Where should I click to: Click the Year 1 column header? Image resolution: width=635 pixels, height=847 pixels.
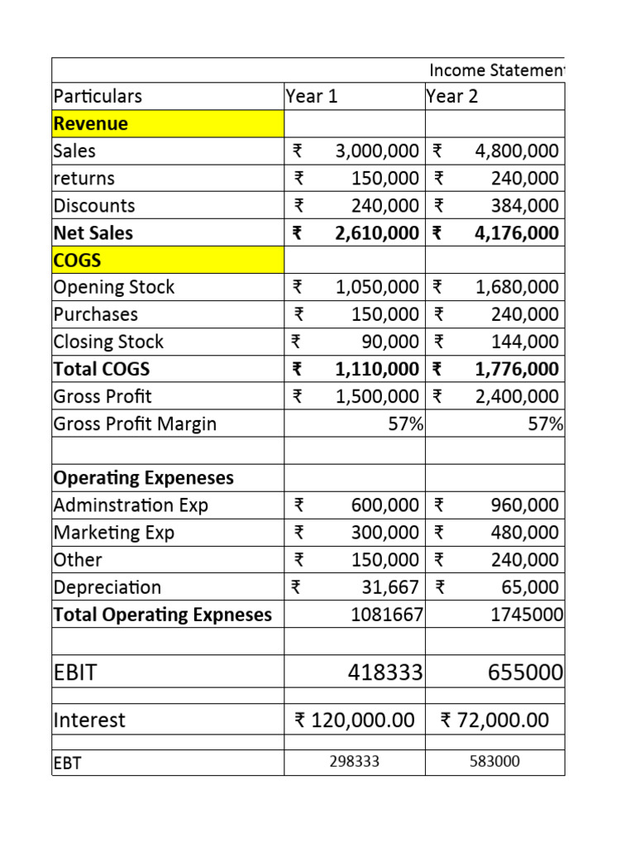pos(312,96)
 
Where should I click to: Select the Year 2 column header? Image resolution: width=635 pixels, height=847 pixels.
pos(452,96)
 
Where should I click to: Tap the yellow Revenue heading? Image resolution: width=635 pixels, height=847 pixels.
pos(91,123)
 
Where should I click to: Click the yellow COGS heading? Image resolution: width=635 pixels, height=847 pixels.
pos(78,260)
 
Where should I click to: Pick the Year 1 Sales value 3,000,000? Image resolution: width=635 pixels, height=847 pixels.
pos(377,151)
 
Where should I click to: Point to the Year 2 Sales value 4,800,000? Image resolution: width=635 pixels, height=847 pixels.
pos(517,151)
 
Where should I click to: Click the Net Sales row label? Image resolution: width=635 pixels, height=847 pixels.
pos(93,232)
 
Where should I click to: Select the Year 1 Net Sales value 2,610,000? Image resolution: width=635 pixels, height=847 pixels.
pos(377,232)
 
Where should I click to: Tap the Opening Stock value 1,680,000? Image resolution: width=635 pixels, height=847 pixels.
pos(517,287)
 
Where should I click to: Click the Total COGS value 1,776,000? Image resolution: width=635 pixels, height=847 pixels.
pos(517,369)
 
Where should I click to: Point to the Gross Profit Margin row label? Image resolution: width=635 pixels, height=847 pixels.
pos(135,423)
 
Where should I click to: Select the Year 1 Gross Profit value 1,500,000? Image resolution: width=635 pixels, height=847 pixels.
pos(377,396)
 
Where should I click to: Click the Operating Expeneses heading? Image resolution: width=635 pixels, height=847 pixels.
pos(143,478)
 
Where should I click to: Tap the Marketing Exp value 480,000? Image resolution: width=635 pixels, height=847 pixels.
pos(525,533)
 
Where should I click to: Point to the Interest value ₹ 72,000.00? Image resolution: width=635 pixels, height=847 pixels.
pos(494,720)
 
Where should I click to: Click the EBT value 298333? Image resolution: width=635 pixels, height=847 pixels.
pos(354,762)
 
